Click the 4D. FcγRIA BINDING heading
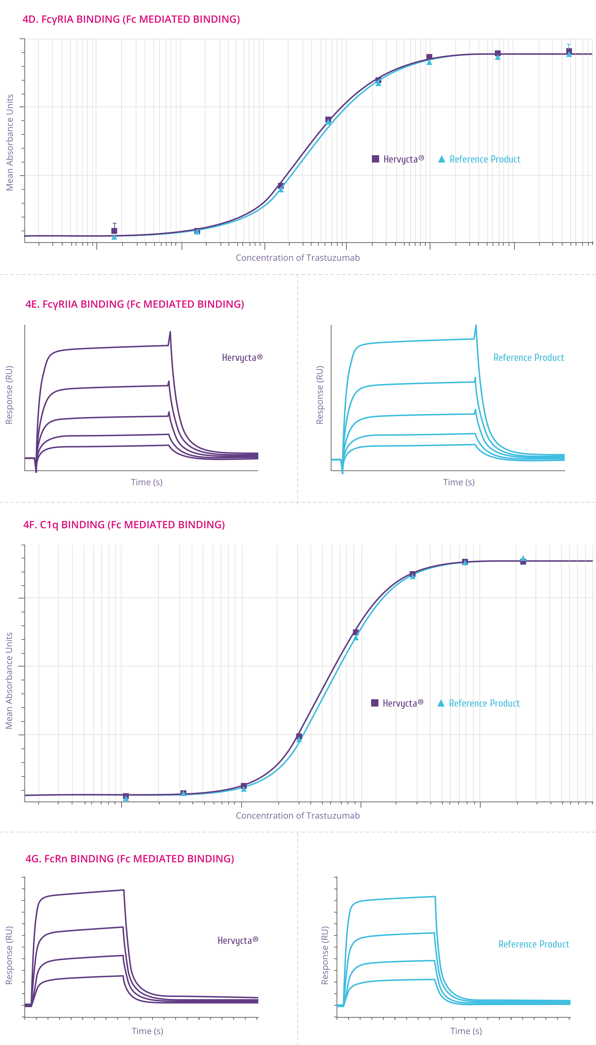tap(131, 19)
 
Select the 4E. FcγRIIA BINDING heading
tap(135, 304)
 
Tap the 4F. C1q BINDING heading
tap(124, 525)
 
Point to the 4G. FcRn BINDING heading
tap(130, 859)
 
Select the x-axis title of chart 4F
tap(298, 815)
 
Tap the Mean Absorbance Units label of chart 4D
tap(9, 142)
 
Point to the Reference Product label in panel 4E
tap(529, 357)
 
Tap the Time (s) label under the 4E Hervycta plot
tap(147, 482)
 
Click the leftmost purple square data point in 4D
tap(114, 231)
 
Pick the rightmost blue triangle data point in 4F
tap(523, 558)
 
